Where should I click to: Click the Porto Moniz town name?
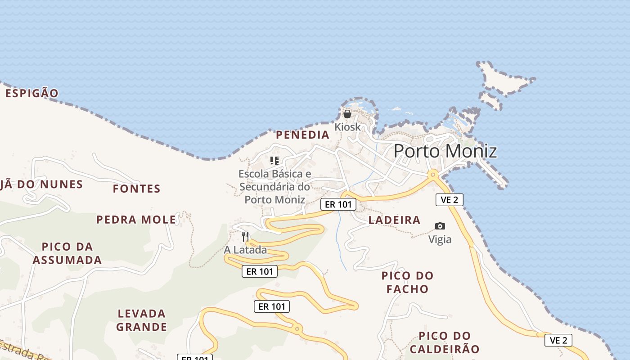coord(445,151)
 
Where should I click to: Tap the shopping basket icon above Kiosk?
coord(347,114)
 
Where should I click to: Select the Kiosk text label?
coord(347,127)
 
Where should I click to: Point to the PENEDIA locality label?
coord(303,135)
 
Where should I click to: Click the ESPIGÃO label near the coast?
coord(32,93)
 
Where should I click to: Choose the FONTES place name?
coord(137,189)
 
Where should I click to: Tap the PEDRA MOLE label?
coord(136,220)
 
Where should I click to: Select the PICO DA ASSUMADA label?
coord(67,253)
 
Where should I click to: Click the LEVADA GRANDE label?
coord(142,320)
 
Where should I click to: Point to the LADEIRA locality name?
coord(395,220)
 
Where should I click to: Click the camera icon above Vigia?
coord(440,226)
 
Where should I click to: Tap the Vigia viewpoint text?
coord(440,239)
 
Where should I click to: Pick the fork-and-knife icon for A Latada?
coord(245,236)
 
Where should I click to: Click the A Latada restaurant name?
coord(246,250)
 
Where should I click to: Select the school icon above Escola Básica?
coord(274,160)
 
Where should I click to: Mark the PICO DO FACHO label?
coord(408,282)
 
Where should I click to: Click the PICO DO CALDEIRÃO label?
coord(445,342)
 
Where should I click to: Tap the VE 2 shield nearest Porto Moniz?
coord(449,200)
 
